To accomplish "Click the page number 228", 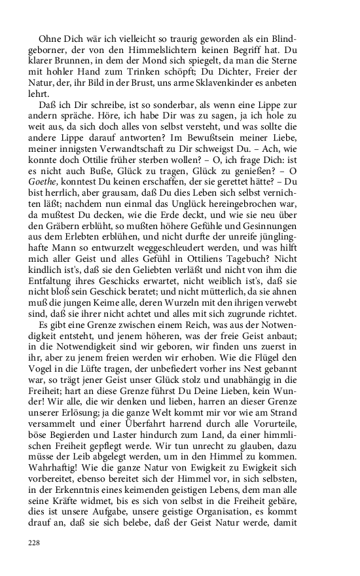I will click(33, 543).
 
